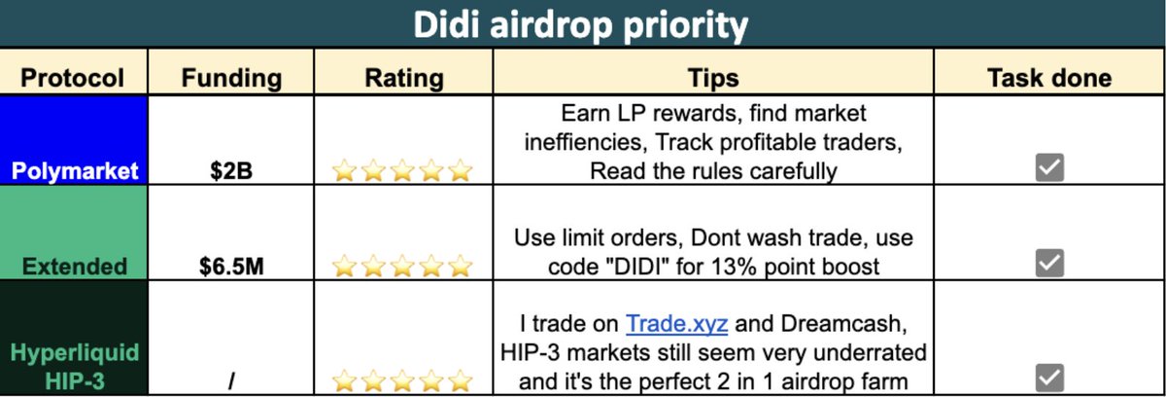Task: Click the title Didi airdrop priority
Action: point(582,23)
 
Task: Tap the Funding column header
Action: point(232,77)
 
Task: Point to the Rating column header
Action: point(403,77)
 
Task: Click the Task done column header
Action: point(1049,77)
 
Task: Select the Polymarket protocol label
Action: point(76,171)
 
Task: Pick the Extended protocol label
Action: point(76,265)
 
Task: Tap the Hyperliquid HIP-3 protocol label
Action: point(76,366)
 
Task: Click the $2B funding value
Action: point(232,171)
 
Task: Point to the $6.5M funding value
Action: point(232,265)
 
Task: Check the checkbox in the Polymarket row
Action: point(1049,168)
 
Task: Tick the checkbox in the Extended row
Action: point(1049,262)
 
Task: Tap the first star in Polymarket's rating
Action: point(345,172)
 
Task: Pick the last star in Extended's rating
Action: point(461,265)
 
